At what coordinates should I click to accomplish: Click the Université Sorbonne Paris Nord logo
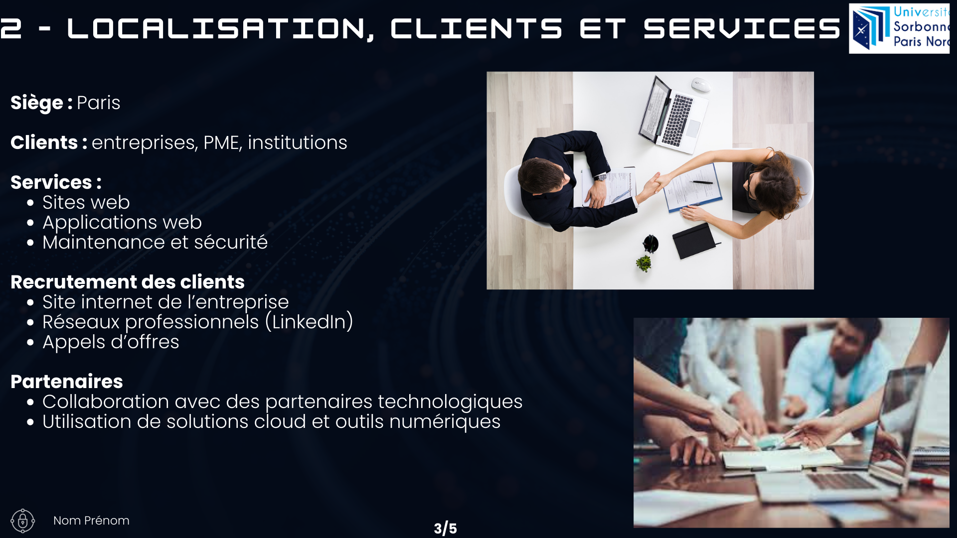(x=899, y=28)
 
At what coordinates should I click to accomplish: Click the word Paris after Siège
(x=98, y=103)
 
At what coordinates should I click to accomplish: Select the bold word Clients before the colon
(x=44, y=142)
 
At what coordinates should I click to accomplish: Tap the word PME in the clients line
(x=222, y=142)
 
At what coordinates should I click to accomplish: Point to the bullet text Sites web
(x=86, y=202)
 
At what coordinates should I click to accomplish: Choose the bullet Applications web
(x=122, y=223)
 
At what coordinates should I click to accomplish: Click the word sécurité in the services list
(x=231, y=242)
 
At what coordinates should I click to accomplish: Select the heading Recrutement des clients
(x=128, y=282)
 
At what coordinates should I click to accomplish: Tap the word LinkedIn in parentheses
(x=310, y=322)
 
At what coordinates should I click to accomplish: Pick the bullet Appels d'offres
(x=111, y=342)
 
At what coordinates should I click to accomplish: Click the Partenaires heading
(x=67, y=382)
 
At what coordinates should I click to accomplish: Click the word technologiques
(x=450, y=402)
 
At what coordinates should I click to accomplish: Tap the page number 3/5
(x=445, y=529)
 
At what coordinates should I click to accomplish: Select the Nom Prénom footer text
(x=91, y=521)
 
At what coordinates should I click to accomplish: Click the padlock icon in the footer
(x=23, y=521)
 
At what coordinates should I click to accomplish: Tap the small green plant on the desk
(x=643, y=263)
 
